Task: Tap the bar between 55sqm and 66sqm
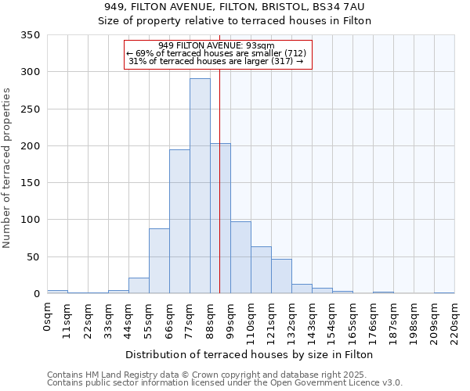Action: [x=159, y=260]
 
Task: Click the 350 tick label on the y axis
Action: [x=30, y=35]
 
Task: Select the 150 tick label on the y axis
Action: [x=30, y=183]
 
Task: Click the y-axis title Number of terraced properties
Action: [x=7, y=167]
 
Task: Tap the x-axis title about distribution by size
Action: [x=249, y=354]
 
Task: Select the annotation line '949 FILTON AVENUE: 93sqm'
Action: [x=216, y=45]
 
